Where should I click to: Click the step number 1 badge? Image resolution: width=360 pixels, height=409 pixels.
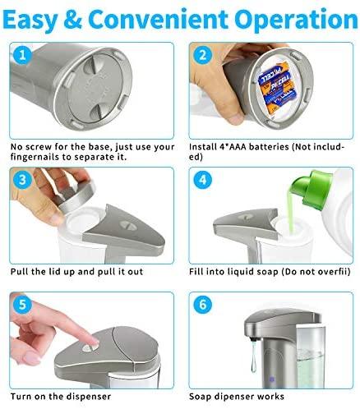pos(22,55)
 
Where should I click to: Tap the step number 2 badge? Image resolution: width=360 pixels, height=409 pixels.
pos(202,55)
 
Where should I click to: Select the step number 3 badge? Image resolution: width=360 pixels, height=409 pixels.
pos(22,180)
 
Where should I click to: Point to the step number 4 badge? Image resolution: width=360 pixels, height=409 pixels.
pos(202,180)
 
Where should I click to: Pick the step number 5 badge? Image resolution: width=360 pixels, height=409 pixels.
pos(22,305)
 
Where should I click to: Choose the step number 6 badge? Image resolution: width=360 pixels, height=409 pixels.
pos(202,305)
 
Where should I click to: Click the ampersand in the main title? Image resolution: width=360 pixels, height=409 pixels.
pos(72,20)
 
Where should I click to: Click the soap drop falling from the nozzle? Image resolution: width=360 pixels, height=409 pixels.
pos(253,356)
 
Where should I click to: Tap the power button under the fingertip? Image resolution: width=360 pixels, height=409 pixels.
pos(88,348)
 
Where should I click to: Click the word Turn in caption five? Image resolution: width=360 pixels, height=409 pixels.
pos(21,397)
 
